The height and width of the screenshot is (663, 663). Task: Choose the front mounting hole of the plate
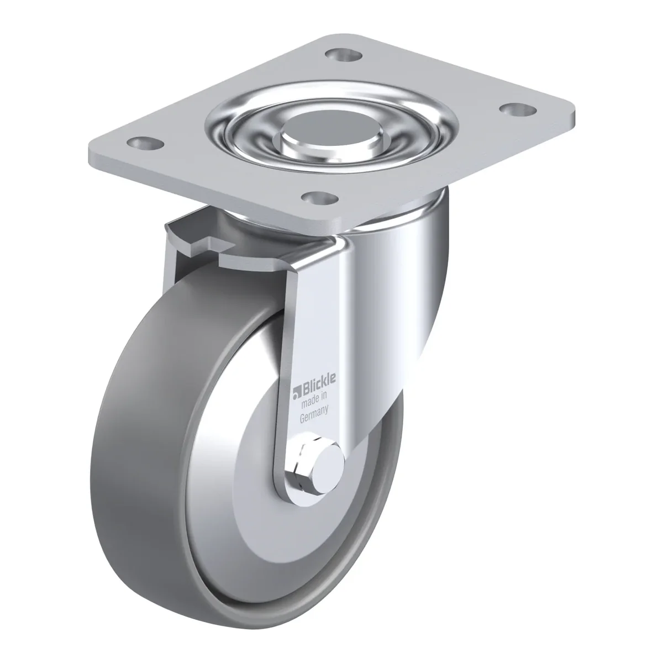[x=320, y=197]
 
